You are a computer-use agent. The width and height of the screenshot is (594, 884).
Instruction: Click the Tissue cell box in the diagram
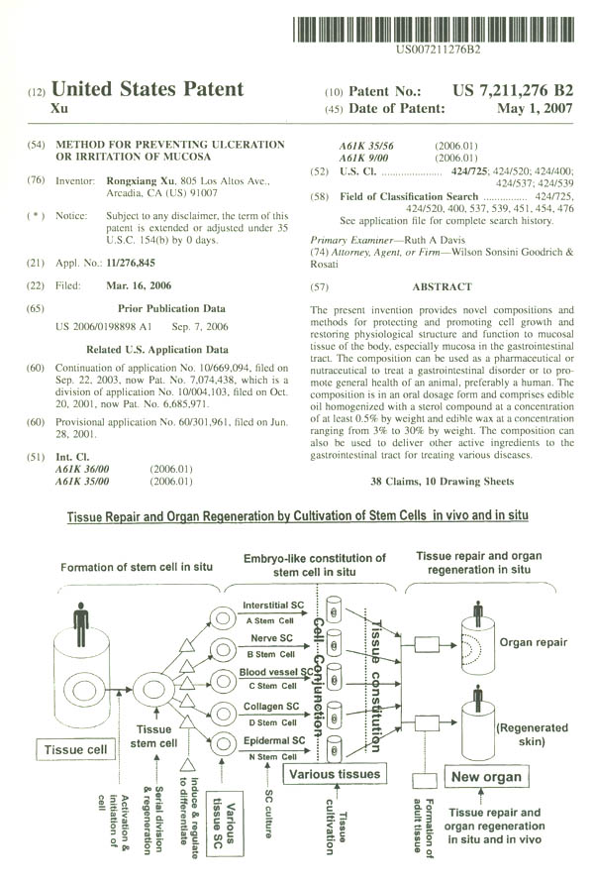coord(75,750)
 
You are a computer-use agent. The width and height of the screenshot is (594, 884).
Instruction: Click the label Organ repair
coord(536,642)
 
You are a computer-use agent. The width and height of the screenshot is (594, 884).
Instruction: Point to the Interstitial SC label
coord(273,605)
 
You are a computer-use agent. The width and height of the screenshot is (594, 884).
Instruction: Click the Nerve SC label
coord(272,639)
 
